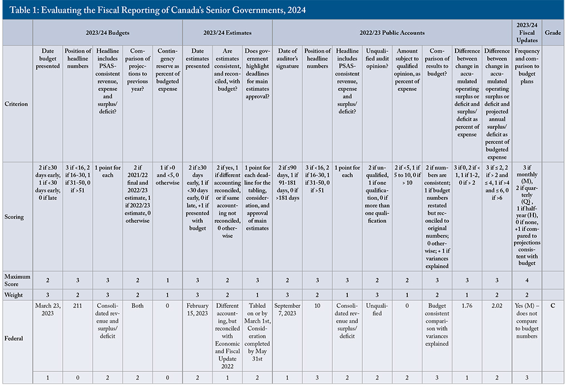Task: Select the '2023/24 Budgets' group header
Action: click(107, 33)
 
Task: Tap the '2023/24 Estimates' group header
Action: click(227, 33)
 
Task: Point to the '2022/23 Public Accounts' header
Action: click(392, 33)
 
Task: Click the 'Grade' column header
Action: click(553, 33)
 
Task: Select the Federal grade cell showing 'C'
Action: click(553, 306)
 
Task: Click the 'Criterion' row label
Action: click(16, 104)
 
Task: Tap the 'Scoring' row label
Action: click(14, 217)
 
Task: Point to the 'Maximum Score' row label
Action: click(17, 280)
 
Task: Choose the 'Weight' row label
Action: click(13, 295)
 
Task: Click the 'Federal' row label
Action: click(14, 339)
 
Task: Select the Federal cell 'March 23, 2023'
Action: click(48, 310)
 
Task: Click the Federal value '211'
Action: click(78, 306)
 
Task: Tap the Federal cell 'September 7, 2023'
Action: click(287, 310)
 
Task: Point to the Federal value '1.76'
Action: click(467, 306)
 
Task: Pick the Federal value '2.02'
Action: click(497, 306)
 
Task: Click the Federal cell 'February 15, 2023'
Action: click(197, 310)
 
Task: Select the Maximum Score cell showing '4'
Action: click(527, 280)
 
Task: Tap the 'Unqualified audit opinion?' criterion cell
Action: click(377, 58)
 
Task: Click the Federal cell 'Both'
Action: click(138, 306)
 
